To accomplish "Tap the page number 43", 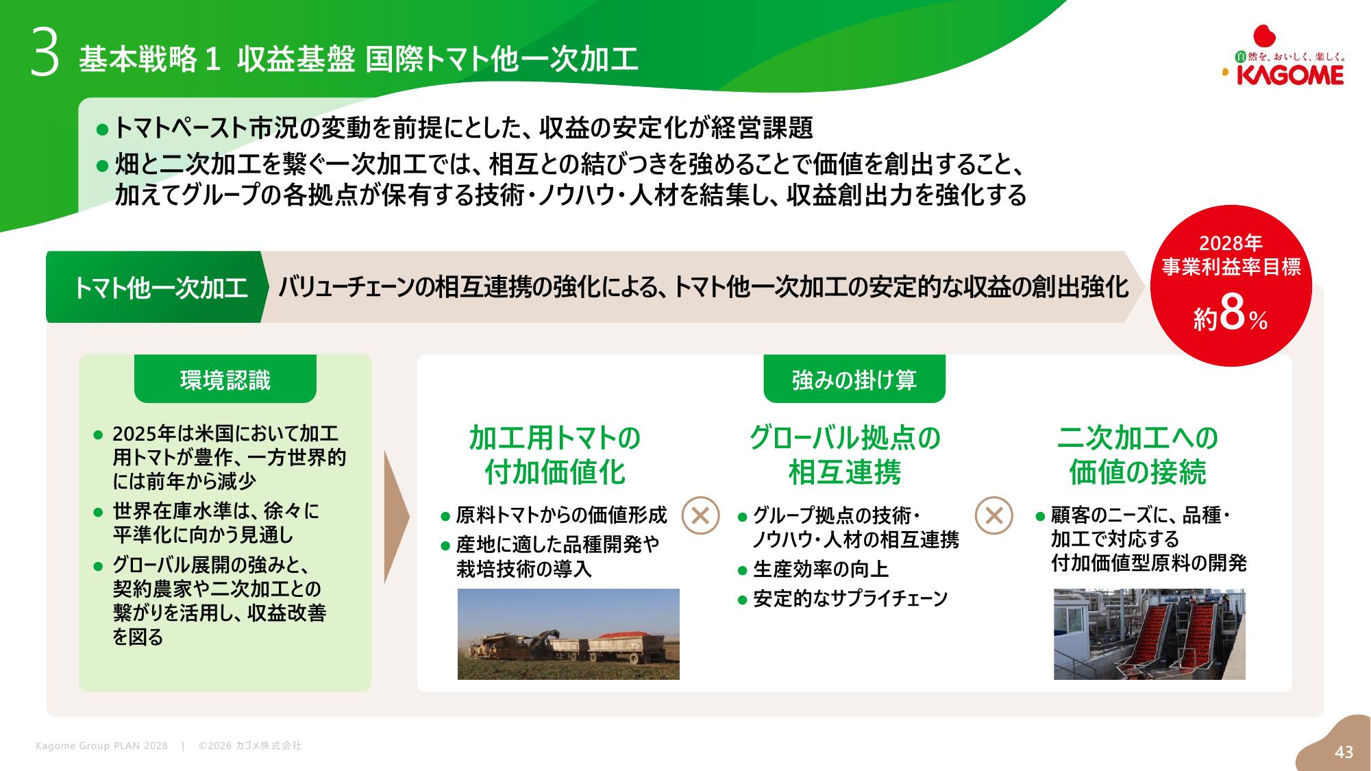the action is (x=1344, y=752).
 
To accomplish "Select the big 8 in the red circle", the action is (x=1232, y=313).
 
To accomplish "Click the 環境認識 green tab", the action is (x=225, y=379).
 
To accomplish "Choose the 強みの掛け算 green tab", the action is (x=854, y=379).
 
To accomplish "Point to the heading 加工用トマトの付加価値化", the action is (x=555, y=454).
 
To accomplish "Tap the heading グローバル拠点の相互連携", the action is (x=845, y=454).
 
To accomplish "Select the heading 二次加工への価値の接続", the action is (x=1138, y=454).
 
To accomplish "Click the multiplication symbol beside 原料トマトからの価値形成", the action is (x=700, y=515).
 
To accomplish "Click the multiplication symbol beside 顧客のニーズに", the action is (x=993, y=515).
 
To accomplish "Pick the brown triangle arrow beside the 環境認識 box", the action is (x=396, y=517).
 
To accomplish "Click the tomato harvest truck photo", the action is (x=569, y=634).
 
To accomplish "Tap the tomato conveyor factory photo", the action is (x=1150, y=634).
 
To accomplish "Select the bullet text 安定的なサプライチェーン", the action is (x=850, y=598).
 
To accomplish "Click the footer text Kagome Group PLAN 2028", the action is (x=101, y=746).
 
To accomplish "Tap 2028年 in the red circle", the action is (x=1231, y=243).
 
